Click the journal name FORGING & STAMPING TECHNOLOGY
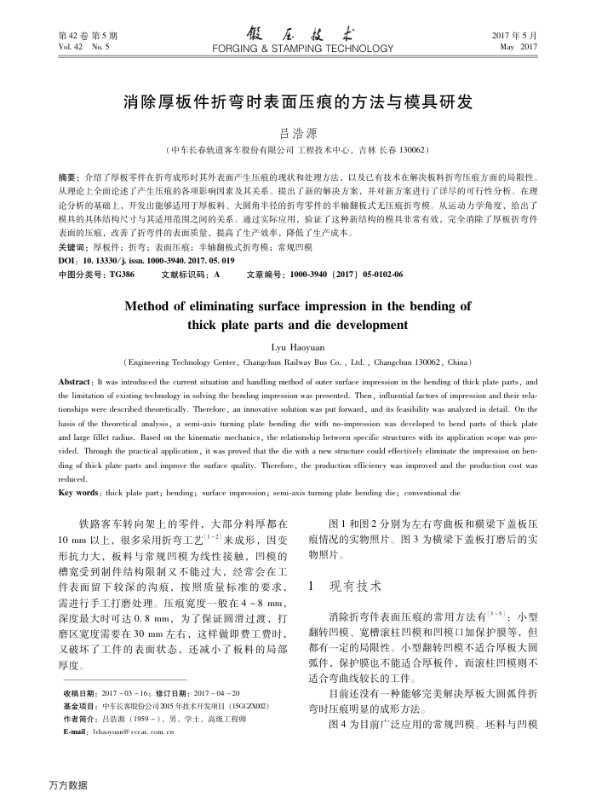point(298,49)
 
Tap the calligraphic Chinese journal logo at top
point(298,34)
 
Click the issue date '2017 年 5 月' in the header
point(519,36)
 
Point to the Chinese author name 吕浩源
point(298,134)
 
